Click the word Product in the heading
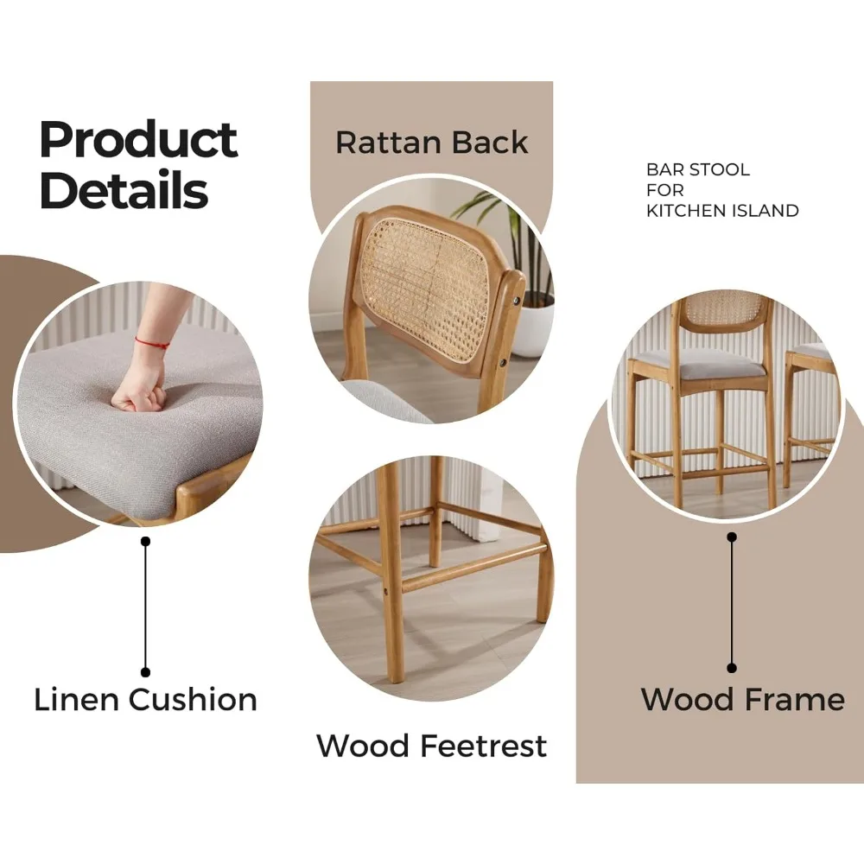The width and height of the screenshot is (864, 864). [139, 140]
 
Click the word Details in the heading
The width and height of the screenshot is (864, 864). [124, 189]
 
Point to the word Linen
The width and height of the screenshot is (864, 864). [77, 700]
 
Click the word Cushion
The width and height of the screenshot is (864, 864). [194, 700]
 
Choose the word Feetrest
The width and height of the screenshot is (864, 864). [483, 746]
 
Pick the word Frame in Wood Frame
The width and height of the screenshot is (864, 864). [794, 700]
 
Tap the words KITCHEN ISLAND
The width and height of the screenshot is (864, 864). [722, 211]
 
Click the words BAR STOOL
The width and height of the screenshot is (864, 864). [698, 169]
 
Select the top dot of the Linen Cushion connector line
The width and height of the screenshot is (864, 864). [145, 542]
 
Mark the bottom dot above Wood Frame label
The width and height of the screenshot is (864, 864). [732, 668]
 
